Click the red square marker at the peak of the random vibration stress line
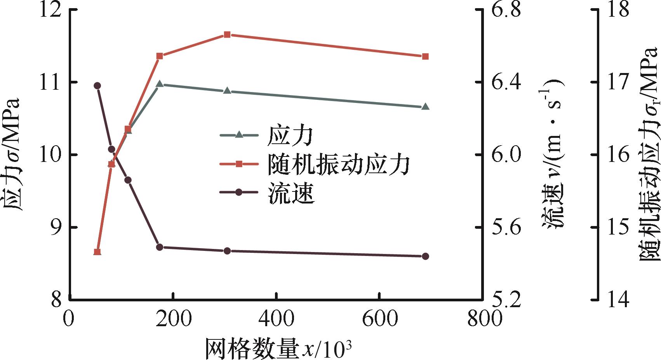[228, 35]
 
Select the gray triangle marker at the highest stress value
[159, 84]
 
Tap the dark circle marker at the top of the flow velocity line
[97, 86]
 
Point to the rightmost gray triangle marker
[425, 106]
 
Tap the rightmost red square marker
[425, 57]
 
